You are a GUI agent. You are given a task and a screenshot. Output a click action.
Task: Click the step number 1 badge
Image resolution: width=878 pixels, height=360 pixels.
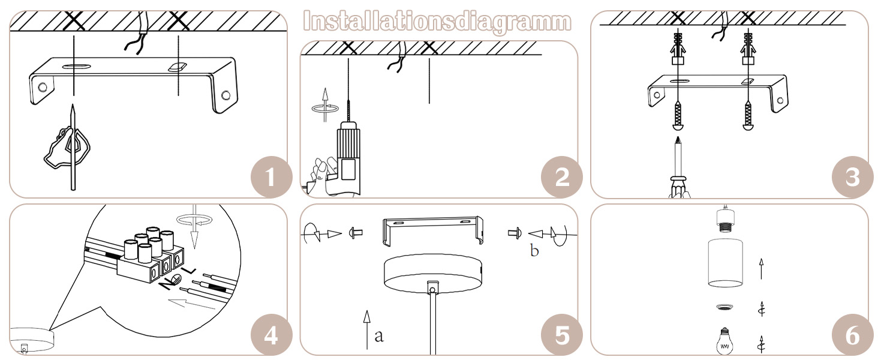(272, 177)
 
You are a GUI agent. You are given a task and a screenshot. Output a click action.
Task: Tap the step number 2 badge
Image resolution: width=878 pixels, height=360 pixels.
(562, 177)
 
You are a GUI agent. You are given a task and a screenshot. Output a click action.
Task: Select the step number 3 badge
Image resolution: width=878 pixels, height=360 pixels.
(853, 177)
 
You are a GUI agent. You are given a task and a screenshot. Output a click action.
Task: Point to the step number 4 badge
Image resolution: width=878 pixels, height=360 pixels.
(272, 335)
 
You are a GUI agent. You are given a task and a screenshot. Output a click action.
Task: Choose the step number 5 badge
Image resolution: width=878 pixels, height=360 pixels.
(562, 335)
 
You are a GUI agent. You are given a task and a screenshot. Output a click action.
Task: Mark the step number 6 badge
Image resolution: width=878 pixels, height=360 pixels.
(853, 335)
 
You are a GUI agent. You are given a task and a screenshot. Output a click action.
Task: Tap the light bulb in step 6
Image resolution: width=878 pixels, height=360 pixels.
(725, 341)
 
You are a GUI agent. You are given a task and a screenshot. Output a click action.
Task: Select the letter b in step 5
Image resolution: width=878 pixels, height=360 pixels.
(534, 250)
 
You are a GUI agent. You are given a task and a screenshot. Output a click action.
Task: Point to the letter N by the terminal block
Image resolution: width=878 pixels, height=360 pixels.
(167, 283)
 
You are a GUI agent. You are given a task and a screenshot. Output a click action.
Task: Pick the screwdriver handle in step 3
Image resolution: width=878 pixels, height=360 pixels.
(679, 187)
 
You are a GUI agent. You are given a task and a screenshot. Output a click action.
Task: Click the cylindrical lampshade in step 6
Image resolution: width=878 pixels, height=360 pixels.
(725, 262)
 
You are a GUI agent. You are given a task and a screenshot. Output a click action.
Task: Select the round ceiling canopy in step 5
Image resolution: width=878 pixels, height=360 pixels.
(433, 274)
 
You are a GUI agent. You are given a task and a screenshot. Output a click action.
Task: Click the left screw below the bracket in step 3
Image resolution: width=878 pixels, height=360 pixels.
(678, 115)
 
